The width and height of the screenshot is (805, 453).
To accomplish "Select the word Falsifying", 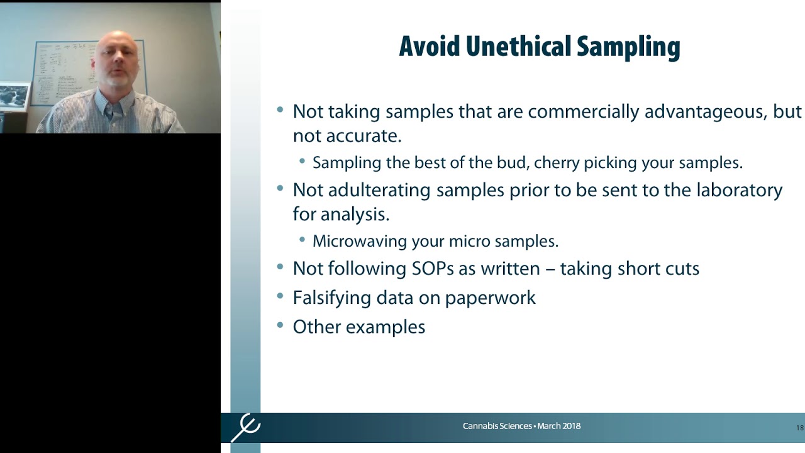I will (331, 298).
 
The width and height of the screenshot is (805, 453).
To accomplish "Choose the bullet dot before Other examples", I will (280, 325).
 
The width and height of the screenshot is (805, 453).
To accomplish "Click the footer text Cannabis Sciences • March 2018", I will (521, 426).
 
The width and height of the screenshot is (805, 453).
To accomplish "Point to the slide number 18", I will (799, 428).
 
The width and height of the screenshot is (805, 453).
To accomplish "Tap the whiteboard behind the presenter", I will (63, 69).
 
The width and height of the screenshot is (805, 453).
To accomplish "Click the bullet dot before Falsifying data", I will (280, 296).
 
